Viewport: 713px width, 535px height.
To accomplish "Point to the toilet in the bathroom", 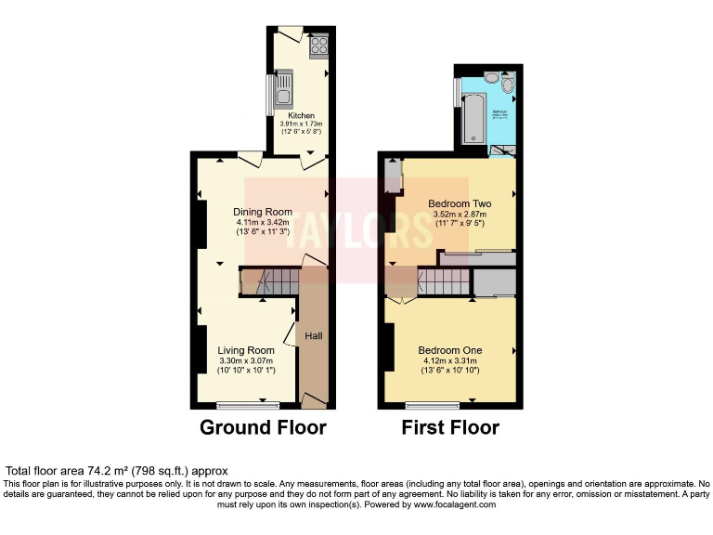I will (506, 89).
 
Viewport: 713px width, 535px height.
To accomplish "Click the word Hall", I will (314, 335).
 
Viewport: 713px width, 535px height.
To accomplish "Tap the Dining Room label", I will (262, 211).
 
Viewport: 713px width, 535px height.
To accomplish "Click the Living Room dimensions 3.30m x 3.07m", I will (247, 361).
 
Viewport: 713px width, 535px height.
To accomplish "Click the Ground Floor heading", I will (263, 428).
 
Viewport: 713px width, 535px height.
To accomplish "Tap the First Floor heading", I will (450, 428).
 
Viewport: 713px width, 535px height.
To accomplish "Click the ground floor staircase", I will (269, 281).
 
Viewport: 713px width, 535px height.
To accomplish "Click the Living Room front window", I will (247, 404).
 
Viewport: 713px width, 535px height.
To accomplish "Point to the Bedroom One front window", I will (432, 404).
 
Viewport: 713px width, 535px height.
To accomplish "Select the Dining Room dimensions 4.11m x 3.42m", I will (262, 222).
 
